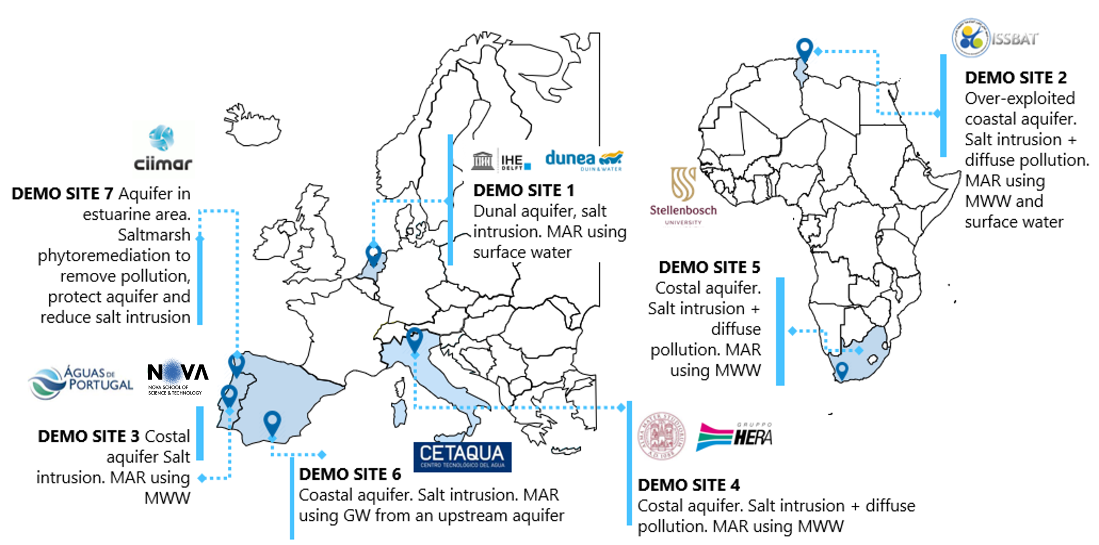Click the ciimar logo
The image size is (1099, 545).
pyautogui.click(x=163, y=149)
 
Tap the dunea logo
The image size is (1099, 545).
pyautogui.click(x=584, y=160)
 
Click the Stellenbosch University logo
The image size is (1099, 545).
pyautogui.click(x=683, y=196)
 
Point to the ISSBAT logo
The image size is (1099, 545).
pyautogui.click(x=995, y=39)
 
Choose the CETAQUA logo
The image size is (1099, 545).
pyautogui.click(x=462, y=457)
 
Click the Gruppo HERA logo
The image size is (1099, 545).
pyautogui.click(x=734, y=436)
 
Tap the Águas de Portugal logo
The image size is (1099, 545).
pyautogui.click(x=81, y=382)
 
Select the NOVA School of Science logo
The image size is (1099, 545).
pyautogui.click(x=177, y=377)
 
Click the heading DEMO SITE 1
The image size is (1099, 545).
pyautogui.click(x=523, y=191)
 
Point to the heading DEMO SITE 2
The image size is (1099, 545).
pyautogui.click(x=1015, y=78)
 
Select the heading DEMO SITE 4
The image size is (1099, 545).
pyautogui.click(x=688, y=485)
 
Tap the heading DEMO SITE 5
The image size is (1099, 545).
pyautogui.click(x=709, y=267)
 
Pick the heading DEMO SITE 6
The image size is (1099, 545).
pyautogui.click(x=350, y=474)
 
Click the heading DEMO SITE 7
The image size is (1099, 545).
pyautogui.click(x=62, y=194)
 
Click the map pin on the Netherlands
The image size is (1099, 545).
pyautogui.click(x=373, y=254)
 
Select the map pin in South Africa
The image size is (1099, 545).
pyautogui.click(x=842, y=370)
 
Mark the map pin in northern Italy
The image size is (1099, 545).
pyautogui.click(x=414, y=339)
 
